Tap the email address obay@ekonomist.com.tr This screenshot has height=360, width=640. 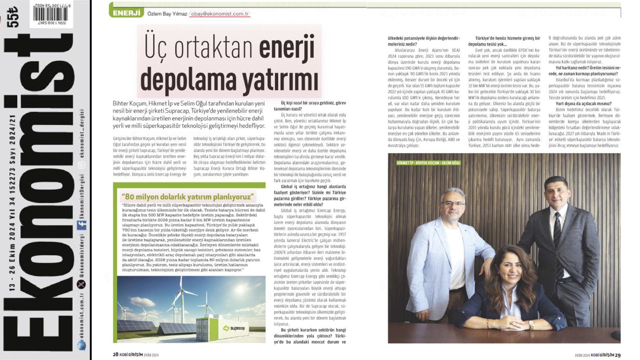pos(220,14)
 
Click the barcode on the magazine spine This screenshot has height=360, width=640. pos(50,13)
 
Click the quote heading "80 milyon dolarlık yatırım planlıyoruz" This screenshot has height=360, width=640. pos(188,196)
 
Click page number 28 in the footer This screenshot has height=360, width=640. pos(115,354)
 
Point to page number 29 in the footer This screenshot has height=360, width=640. pos(618,355)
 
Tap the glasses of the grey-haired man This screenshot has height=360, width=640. pos(453,204)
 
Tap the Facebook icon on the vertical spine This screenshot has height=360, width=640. pos(82,225)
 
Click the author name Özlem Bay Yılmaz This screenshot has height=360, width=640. pos(167,14)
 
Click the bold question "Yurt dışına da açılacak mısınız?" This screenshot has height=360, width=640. pos(583,103)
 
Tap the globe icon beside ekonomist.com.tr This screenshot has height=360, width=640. pos(82,345)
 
